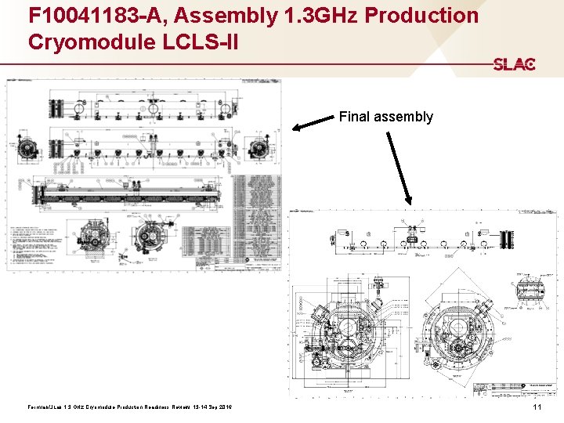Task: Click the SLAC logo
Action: pos(514,64)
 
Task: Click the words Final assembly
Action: pos(385,117)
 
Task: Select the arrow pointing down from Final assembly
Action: pos(398,168)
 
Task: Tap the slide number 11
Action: pos(537,408)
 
